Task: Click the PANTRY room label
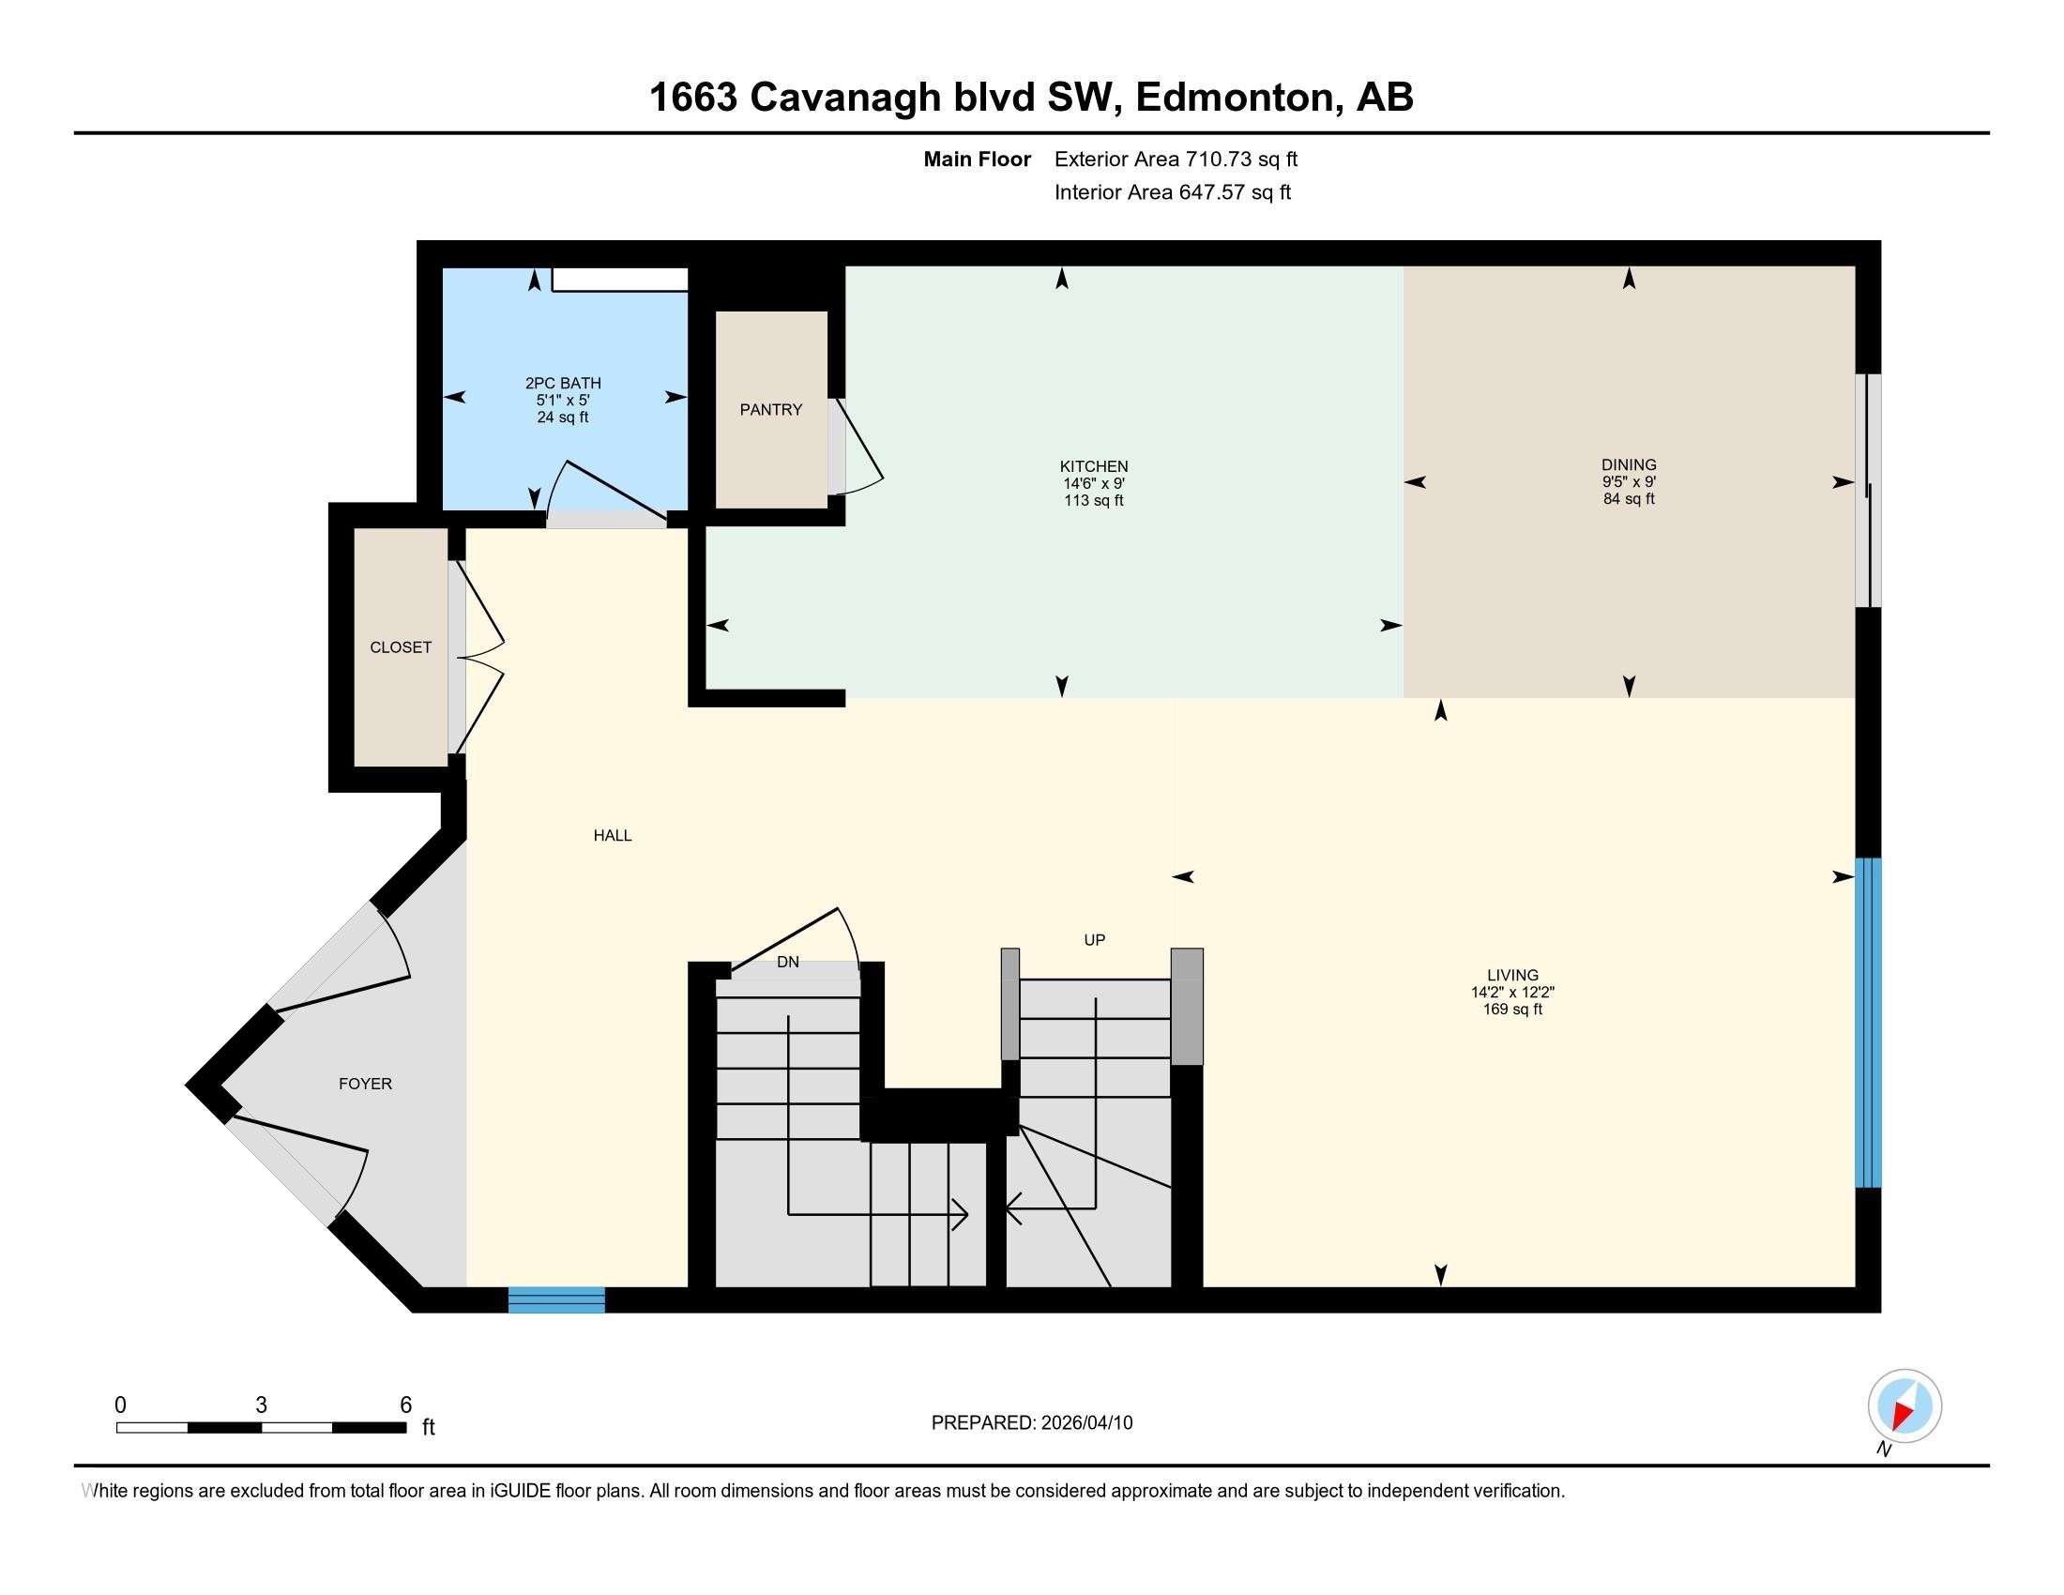(x=770, y=409)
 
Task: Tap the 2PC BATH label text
(x=563, y=383)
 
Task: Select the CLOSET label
(x=400, y=647)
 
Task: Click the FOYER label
(x=365, y=1084)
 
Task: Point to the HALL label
(x=613, y=835)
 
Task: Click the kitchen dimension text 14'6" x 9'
(x=1093, y=484)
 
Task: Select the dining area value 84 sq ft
(x=1629, y=499)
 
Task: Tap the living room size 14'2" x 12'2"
(x=1512, y=992)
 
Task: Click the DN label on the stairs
(x=787, y=962)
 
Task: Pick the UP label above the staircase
(x=1094, y=940)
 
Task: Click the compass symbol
(x=1905, y=1406)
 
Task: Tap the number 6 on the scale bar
(x=405, y=1405)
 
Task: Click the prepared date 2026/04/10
(x=1085, y=1423)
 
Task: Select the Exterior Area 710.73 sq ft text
(x=1176, y=159)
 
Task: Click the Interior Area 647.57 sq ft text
(x=1172, y=192)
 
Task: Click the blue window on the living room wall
(x=1867, y=1023)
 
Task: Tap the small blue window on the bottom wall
(x=555, y=1300)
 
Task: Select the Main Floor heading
(x=977, y=159)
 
